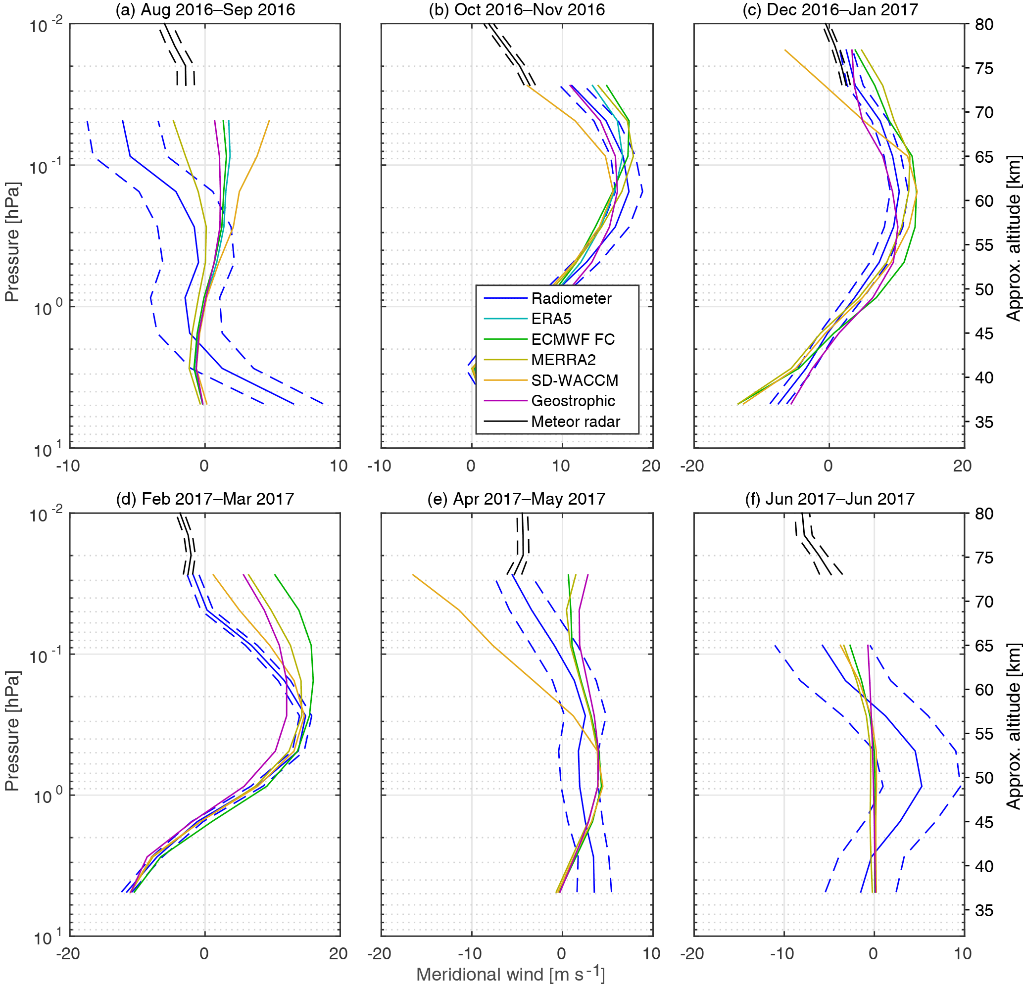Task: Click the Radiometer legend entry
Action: tap(571, 298)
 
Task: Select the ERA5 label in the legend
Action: tap(551, 319)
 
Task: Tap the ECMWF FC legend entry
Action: tap(573, 339)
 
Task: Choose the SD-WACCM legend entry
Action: tap(574, 380)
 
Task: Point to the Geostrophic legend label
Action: tap(573, 401)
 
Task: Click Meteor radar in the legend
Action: tap(575, 422)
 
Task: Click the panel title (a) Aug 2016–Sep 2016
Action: tap(205, 10)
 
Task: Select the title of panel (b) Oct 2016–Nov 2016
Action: tap(517, 10)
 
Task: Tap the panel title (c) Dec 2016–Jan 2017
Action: tap(830, 10)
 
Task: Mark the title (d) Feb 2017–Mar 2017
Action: tap(205, 499)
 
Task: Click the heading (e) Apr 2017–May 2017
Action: tap(516, 499)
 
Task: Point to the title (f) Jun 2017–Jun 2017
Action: tap(830, 499)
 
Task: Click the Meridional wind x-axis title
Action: tap(510, 974)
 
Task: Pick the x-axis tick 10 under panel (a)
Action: tap(339, 466)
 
